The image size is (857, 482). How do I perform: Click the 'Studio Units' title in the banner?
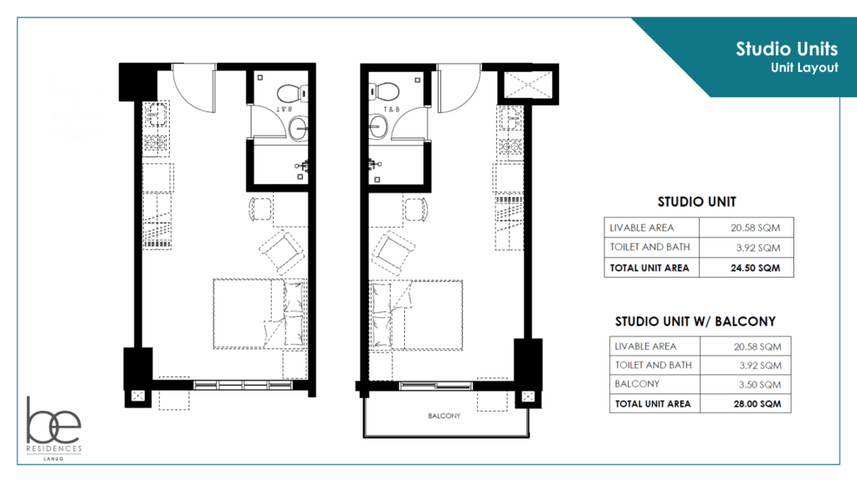pyautogui.click(x=787, y=49)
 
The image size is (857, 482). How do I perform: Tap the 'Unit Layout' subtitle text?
pyautogui.click(x=804, y=69)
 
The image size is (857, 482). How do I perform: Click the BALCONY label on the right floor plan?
pyautogui.click(x=444, y=416)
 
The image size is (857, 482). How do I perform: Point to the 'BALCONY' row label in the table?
pyautogui.click(x=637, y=384)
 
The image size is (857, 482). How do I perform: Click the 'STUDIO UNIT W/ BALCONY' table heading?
pyautogui.click(x=695, y=321)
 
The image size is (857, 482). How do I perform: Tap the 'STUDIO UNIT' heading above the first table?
pyautogui.click(x=696, y=202)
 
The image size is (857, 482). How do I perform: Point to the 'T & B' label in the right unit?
pyautogui.click(x=392, y=110)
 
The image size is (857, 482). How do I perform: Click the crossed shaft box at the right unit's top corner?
pyautogui.click(x=526, y=85)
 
